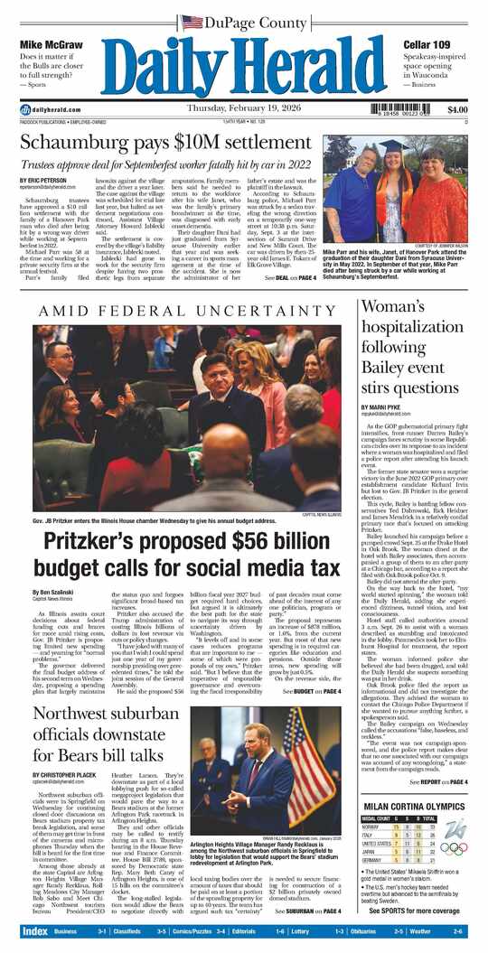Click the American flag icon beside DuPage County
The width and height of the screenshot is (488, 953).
[192, 22]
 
